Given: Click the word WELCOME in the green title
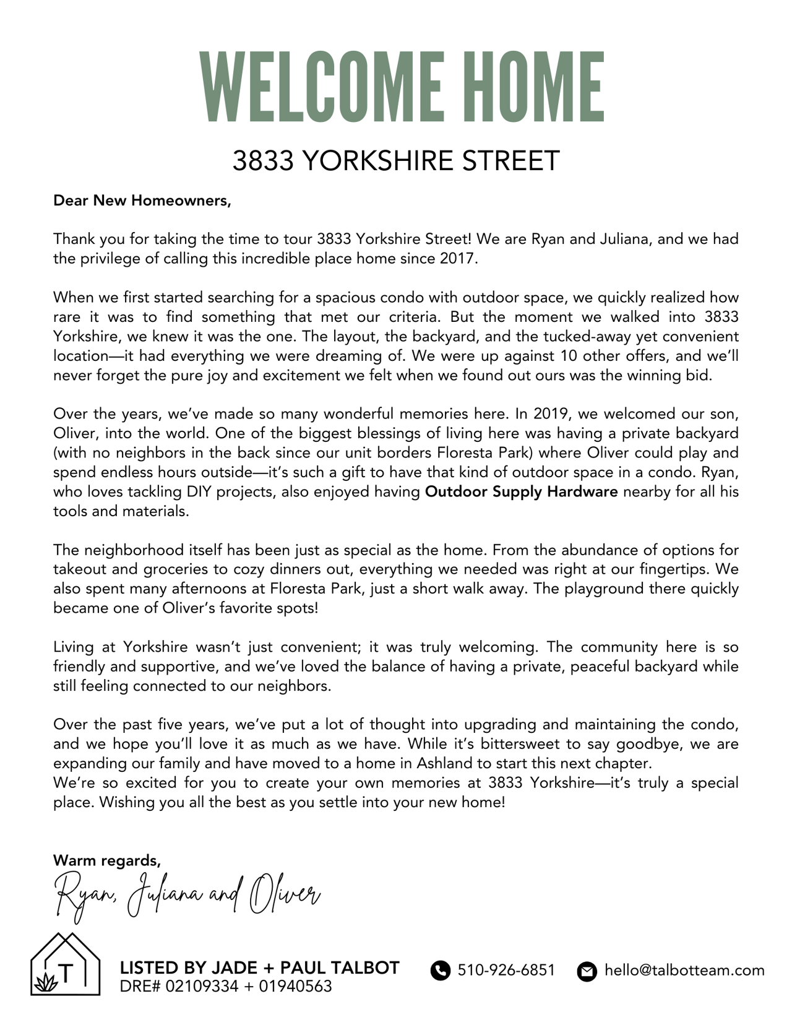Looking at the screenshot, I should click(321, 87).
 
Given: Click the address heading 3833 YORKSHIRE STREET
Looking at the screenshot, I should click(396, 161).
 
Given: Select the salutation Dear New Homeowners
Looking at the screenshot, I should click(142, 201).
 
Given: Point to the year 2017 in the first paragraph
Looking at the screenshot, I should click(458, 258).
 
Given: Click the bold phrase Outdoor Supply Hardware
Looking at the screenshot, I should click(522, 491).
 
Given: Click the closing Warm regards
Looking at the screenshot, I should click(107, 860).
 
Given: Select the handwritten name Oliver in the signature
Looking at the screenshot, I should click(285, 894).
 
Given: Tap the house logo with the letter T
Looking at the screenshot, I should click(65, 964).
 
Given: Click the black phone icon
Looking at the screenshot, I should click(440, 971).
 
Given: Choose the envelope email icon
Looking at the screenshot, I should click(586, 971).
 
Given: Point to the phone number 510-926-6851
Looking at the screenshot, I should click(506, 970).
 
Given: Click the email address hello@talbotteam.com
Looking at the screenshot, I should click(684, 970).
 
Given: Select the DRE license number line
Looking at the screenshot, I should click(226, 986).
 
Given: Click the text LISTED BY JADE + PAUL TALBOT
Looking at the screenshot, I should click(259, 967).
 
